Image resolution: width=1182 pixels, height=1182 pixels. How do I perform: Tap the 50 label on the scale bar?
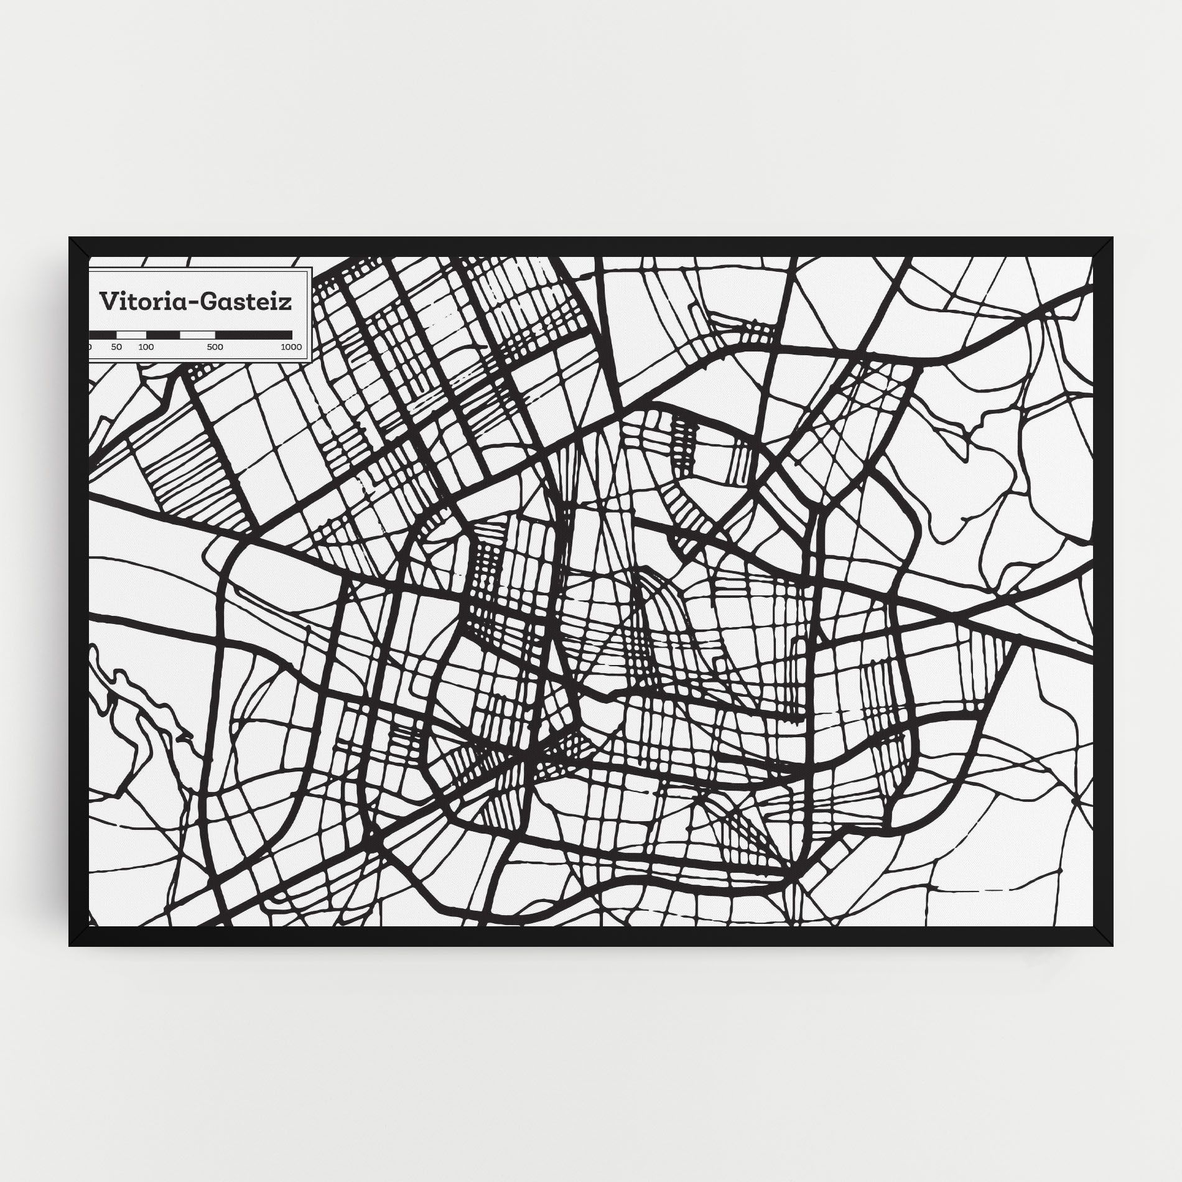tap(116, 347)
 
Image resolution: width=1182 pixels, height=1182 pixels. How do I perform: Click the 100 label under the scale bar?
tap(146, 347)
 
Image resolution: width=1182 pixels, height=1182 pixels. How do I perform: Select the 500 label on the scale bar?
tap(215, 347)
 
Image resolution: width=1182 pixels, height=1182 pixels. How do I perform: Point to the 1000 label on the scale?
tap(291, 347)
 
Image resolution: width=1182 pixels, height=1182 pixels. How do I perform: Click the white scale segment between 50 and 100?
tap(131, 335)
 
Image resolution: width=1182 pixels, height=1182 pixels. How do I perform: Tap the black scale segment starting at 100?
tap(163, 335)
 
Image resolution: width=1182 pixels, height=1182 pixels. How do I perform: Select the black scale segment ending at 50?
tap(104, 335)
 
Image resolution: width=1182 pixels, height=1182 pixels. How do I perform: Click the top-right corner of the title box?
tap(312, 269)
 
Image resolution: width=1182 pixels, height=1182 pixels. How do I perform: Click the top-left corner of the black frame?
tap(70, 238)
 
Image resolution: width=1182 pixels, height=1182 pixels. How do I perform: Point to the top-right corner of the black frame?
tap(1112, 238)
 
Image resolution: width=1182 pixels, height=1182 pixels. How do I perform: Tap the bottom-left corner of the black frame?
tap(70, 946)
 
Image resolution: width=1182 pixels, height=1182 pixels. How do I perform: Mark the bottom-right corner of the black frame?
tap(1112, 946)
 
